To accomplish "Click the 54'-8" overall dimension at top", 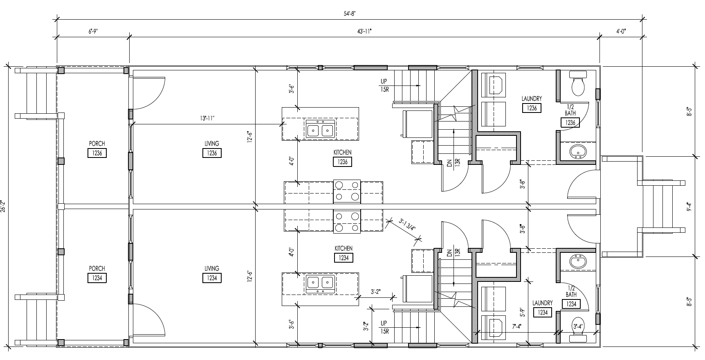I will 350,13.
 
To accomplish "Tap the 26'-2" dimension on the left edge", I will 4,206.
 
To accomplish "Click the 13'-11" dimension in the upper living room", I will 207,118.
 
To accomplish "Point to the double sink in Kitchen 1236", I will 321,130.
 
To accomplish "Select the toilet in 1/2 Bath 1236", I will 578,83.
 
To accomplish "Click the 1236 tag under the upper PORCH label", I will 97,153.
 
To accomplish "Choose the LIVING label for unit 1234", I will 212,268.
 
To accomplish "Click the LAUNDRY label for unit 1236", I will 532,99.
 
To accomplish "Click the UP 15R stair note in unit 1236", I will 384,85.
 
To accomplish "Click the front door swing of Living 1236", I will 149,92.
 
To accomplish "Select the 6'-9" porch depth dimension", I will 92,31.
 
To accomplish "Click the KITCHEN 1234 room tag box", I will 343,258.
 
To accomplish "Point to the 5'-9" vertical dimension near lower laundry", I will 522,312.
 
